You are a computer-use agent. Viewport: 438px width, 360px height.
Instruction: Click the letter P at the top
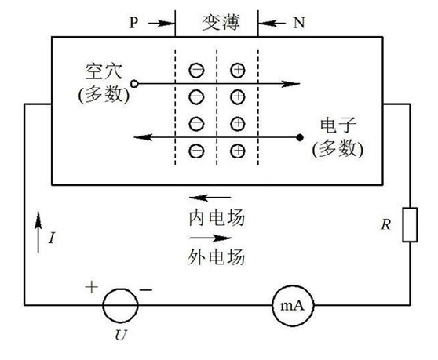point(133,22)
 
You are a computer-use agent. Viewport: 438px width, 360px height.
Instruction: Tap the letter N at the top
point(299,22)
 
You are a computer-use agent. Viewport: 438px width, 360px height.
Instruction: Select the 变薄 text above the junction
point(221,22)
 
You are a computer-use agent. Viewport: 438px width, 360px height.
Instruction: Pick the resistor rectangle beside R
point(410,224)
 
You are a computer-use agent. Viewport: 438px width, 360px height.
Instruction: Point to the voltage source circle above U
point(104,305)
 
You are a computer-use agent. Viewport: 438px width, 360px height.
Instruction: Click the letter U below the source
point(121,335)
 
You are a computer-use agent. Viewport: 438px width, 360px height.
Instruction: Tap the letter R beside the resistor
point(385,224)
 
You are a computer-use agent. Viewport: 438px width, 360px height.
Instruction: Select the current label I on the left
point(52,238)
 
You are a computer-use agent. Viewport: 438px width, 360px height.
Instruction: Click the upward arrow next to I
point(38,232)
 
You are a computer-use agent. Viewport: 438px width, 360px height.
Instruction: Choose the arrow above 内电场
point(210,198)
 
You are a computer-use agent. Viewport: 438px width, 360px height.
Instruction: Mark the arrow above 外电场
point(210,238)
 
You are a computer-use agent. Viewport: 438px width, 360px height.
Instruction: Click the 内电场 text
point(217,217)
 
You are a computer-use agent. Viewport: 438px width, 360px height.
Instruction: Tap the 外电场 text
point(217,256)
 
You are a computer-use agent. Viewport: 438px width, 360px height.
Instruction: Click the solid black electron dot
point(300,137)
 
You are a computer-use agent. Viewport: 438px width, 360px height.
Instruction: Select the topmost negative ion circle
point(196,64)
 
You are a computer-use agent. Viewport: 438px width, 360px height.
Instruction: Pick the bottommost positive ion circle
point(238,144)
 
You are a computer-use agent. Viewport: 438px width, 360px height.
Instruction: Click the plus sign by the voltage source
point(91,287)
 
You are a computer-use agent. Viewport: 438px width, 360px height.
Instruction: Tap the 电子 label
point(338,125)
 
